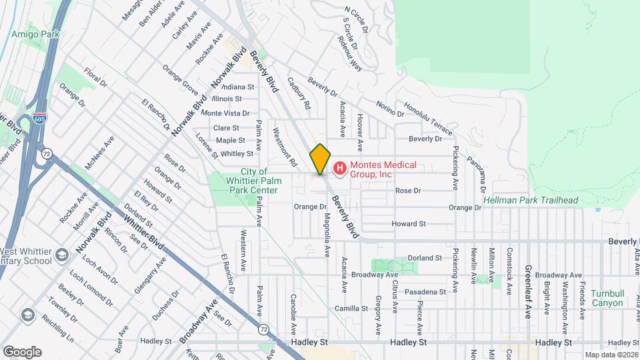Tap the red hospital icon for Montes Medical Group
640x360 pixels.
(339, 167)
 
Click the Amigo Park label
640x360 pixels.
(35, 33)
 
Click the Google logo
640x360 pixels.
(22, 351)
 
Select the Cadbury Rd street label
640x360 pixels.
(299, 93)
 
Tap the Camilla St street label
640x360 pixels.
(351, 309)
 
